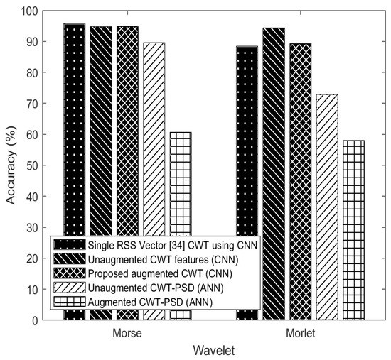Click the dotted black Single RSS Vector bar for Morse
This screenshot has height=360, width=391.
point(74,128)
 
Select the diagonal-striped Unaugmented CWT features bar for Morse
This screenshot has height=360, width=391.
point(100,128)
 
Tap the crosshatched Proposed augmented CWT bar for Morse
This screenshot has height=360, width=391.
point(127,128)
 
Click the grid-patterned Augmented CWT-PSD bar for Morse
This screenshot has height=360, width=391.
point(180,178)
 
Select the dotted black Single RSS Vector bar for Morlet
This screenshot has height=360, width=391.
point(247,142)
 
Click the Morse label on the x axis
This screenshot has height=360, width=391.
point(127,332)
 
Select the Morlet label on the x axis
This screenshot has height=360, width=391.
point(300,332)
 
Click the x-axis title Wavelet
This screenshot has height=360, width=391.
point(213,349)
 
